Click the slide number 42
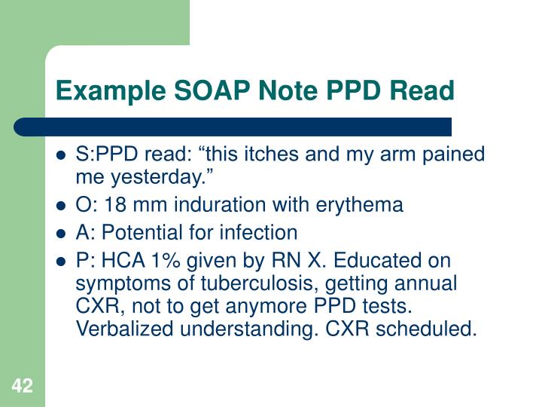(x=22, y=387)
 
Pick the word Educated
(x=370, y=262)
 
